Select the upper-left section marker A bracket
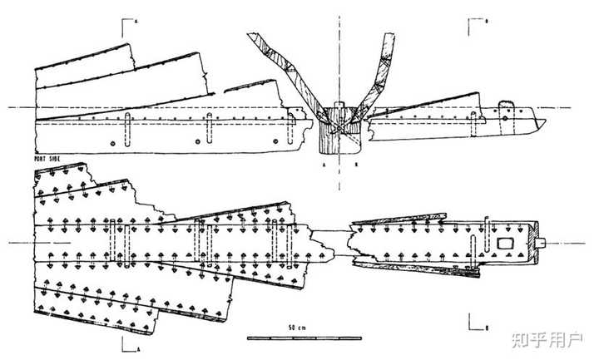point(127,25)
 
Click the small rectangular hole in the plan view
point(504,242)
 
